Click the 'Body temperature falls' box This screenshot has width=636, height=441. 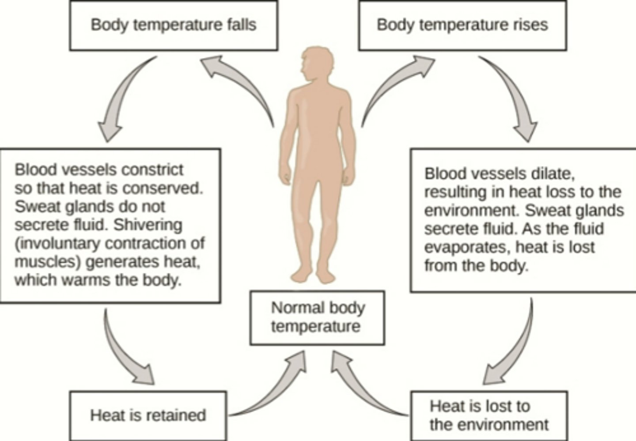pyautogui.click(x=173, y=25)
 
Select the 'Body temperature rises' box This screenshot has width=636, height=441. pyautogui.click(x=462, y=25)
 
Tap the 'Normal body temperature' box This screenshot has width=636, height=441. pyautogui.click(x=317, y=317)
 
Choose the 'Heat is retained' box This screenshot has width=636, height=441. pyautogui.click(x=148, y=415)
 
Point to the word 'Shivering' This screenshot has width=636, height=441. pyautogui.click(x=148, y=225)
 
